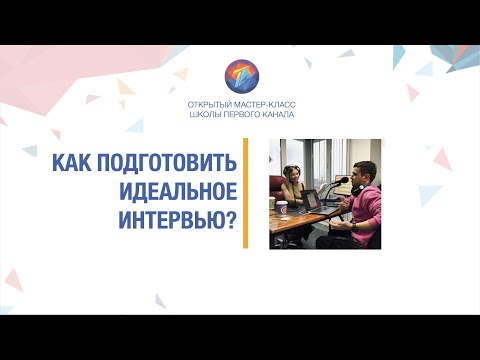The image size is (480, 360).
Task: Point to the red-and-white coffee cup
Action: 284,207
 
